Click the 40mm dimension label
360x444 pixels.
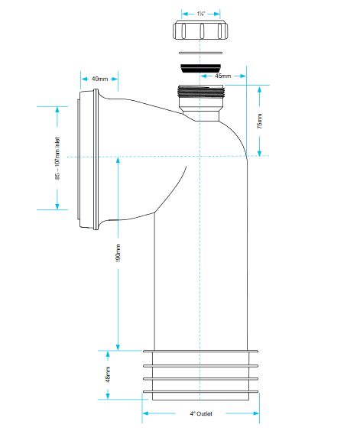click(x=99, y=79)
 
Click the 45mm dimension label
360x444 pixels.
click(x=223, y=76)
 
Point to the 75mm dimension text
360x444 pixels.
click(x=260, y=122)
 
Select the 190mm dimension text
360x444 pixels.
click(x=118, y=253)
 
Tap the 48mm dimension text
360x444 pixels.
click(x=108, y=374)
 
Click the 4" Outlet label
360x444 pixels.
click(x=201, y=413)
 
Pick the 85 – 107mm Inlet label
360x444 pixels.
click(x=57, y=158)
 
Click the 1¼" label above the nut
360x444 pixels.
click(x=201, y=14)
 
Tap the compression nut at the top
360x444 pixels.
click(x=200, y=30)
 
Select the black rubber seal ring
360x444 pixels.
click(x=201, y=68)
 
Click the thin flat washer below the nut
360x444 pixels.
click(x=201, y=53)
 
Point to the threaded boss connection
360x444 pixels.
click(x=201, y=92)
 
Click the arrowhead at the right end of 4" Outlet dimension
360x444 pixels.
click(x=256, y=413)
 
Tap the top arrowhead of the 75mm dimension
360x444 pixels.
click(x=260, y=89)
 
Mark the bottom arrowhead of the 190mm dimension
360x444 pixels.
click(x=118, y=347)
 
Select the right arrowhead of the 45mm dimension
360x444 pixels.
click(x=243, y=76)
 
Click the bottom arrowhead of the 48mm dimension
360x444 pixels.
click(x=108, y=396)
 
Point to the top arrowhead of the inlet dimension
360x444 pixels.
click(x=57, y=110)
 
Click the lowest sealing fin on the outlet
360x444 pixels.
click(x=200, y=392)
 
